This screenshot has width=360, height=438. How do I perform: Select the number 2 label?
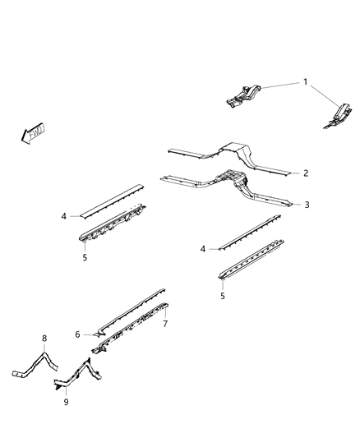coord(305,173)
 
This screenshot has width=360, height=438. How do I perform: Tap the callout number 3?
coord(307,205)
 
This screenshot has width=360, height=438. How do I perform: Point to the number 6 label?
coord(77,334)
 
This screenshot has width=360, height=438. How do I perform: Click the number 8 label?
coord(44,338)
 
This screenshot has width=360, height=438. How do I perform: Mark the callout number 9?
coord(67,403)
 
